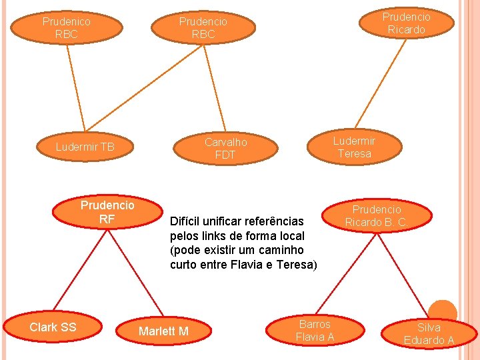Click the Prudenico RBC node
tap(66, 27)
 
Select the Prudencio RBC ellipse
tap(203, 27)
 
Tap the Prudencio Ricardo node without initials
tap(406, 23)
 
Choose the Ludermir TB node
tap(85, 147)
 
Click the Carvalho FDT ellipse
tap(225, 148)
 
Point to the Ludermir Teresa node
tap(354, 147)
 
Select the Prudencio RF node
tap(107, 211)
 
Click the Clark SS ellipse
tap(53, 327)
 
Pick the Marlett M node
tap(163, 331)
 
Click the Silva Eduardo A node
tap(429, 334)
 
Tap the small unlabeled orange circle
tap(442, 311)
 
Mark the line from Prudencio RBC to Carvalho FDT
tap(215, 87)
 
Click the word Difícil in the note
tap(187, 221)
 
